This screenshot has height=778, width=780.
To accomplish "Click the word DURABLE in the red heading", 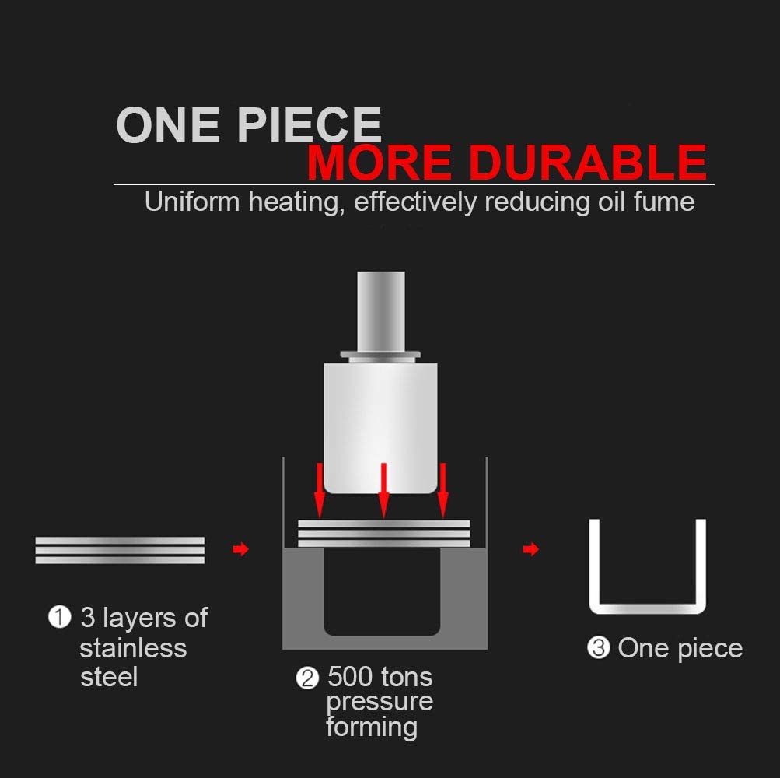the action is click(x=587, y=163).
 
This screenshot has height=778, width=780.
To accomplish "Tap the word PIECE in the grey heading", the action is click(x=309, y=124).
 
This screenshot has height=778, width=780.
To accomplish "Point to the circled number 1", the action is click(x=59, y=617).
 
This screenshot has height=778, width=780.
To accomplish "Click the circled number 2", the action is click(x=307, y=678).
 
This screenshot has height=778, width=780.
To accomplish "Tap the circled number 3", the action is click(x=599, y=648).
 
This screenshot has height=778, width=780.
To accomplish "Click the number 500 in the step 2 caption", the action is click(x=350, y=677).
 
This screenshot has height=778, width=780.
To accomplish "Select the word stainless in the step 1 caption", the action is click(x=133, y=648).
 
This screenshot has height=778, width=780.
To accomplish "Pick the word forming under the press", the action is click(x=372, y=727).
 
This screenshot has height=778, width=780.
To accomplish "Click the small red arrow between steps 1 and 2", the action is click(x=241, y=549).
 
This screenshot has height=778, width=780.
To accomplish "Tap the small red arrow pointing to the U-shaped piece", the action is click(x=531, y=549).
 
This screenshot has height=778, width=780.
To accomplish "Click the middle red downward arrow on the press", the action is click(x=383, y=491).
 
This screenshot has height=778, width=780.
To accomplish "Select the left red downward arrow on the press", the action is click(x=320, y=491).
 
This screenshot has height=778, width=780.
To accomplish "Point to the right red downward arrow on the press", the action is click(x=443, y=491).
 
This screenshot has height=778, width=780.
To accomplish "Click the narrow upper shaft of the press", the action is click(x=381, y=311).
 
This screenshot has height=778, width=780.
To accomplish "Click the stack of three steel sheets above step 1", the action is click(x=120, y=550).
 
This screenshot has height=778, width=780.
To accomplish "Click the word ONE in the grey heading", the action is click(x=168, y=124).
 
